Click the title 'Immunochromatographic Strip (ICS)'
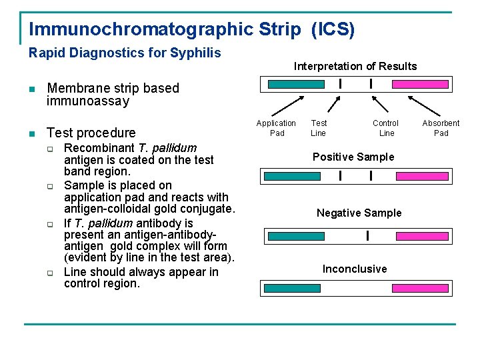coord(192,29)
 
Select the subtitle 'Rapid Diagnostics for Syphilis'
coord(125,53)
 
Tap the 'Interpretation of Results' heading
coord(355,66)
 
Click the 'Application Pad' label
coord(276,128)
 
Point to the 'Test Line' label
coord(319,128)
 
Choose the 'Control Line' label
coord(385,128)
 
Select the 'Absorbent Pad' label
coord(441,128)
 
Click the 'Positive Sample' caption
coord(353,157)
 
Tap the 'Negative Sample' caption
coord(359,213)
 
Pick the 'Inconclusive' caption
coord(355,269)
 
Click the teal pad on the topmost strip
coord(295,85)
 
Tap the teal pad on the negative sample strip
coord(296,236)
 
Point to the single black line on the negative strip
coord(367,236)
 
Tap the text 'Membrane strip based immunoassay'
coord(113,95)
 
